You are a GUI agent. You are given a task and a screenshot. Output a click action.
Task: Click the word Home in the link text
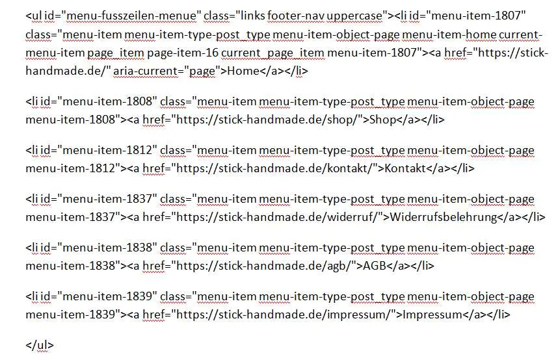tap(243, 71)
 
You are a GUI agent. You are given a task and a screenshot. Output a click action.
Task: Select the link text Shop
tap(382, 120)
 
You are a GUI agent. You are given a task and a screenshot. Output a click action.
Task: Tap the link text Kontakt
tap(405, 168)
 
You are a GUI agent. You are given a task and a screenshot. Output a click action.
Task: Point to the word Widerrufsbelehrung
tap(443, 217)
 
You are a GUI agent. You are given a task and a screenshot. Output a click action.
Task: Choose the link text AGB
tap(374, 266)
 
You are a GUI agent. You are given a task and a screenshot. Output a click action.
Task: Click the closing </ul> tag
tap(40, 345)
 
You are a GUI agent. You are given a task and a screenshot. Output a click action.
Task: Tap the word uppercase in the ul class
tap(354, 16)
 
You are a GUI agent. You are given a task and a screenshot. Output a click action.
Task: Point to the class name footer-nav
tap(296, 16)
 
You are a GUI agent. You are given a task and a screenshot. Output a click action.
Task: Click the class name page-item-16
tap(183, 53)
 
